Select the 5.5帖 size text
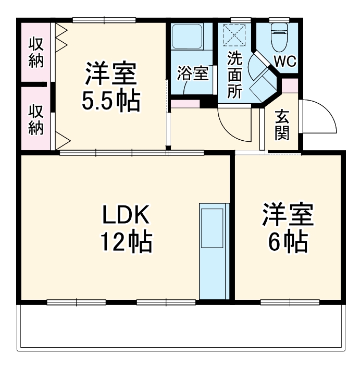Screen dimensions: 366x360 (111, 101)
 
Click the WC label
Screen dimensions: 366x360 (285, 62)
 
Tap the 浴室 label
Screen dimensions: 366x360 (193, 74)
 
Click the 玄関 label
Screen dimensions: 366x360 (282, 126)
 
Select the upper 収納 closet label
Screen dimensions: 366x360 (36, 52)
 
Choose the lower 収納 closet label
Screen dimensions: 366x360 (36, 119)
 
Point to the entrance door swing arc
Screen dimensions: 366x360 (319, 117)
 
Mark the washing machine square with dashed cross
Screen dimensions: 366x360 (233, 36)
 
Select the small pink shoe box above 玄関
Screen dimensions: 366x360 (290, 85)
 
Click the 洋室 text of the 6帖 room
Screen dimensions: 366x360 (288, 215)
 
